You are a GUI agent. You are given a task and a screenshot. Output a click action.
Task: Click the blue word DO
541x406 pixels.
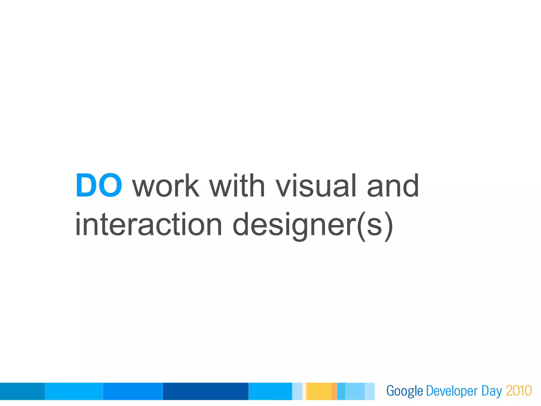tap(99, 185)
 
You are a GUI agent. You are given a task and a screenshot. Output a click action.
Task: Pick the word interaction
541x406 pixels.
tap(148, 225)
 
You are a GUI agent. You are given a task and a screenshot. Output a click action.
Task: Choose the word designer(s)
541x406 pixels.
tap(313, 226)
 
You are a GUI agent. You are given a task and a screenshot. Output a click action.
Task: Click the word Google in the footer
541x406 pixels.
tap(404, 391)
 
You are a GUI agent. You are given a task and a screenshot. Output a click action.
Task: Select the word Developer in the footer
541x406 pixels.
tap(452, 391)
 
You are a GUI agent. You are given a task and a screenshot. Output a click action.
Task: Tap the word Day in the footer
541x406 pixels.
tap(491, 391)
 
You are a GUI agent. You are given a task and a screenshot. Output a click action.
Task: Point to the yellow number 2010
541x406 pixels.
tap(519, 391)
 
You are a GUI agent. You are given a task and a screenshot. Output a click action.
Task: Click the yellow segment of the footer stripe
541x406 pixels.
tap(319, 391)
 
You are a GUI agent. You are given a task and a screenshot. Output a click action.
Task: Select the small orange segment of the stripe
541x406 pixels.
tap(334, 391)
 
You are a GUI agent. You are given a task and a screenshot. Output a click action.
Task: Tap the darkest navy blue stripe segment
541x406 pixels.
tap(206, 391)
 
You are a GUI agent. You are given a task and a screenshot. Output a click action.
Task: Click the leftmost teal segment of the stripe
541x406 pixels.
tap(22, 391)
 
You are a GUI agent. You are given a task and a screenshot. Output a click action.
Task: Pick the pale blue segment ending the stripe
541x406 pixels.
tap(370, 391)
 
